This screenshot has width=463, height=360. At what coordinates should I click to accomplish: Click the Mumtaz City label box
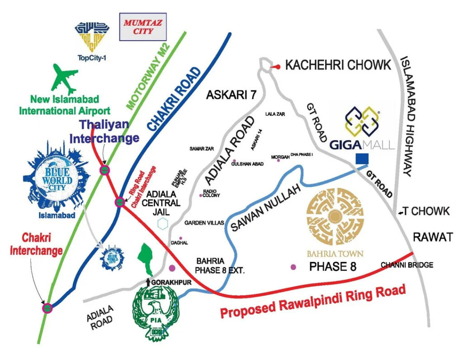click(143, 27)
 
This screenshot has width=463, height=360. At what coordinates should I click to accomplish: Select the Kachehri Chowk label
click(338, 65)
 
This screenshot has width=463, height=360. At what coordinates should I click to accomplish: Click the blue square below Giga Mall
click(362, 159)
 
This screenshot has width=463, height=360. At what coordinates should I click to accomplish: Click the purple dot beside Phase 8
click(294, 267)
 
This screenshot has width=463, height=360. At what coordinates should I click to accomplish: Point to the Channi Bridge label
click(407, 265)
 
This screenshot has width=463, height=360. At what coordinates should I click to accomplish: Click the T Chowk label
click(427, 211)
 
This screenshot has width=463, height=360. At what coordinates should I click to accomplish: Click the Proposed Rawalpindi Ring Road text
click(314, 302)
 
